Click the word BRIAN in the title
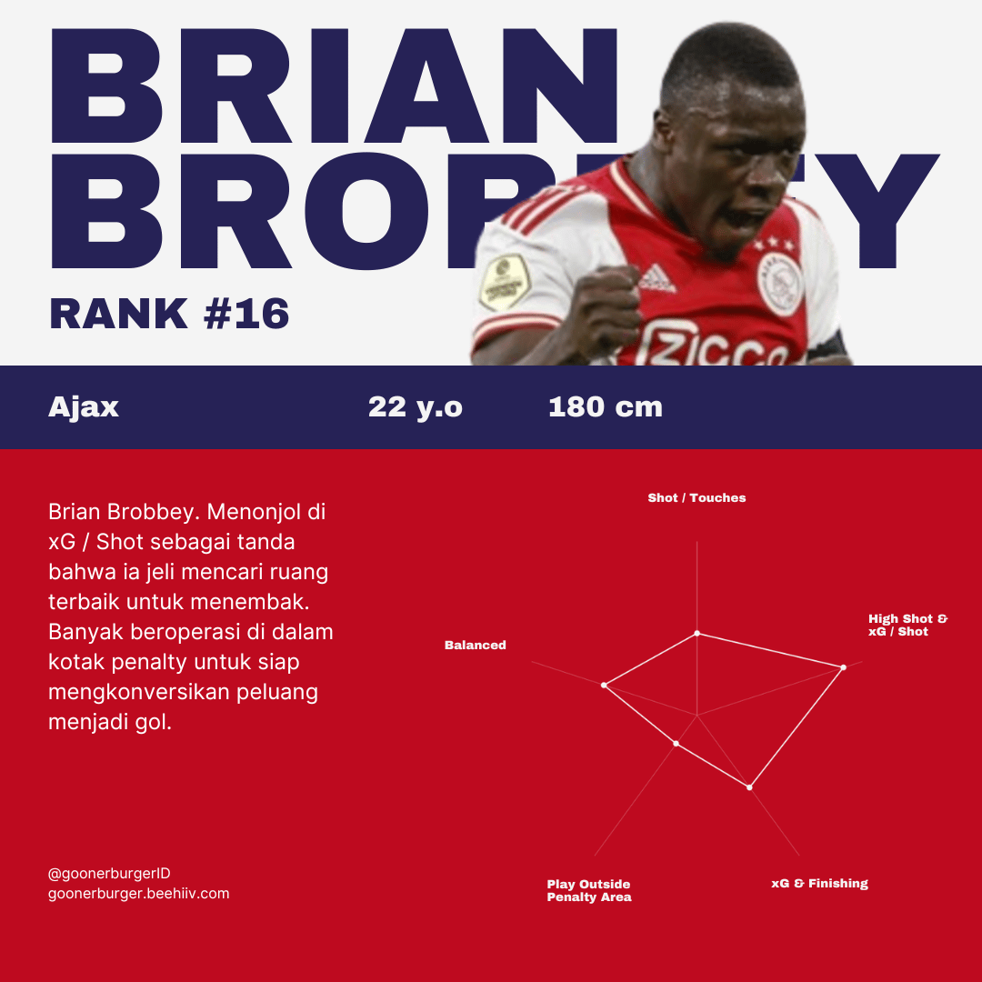pyautogui.click(x=334, y=85)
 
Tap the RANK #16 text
pyautogui.click(x=169, y=313)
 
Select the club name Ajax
pyautogui.click(x=84, y=407)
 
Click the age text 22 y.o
pyautogui.click(x=416, y=407)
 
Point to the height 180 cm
pyautogui.click(x=605, y=407)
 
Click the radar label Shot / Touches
pyautogui.click(x=697, y=498)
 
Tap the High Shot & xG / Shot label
pyautogui.click(x=908, y=625)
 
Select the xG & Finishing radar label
pyautogui.click(x=820, y=883)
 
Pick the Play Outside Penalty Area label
pyautogui.click(x=589, y=890)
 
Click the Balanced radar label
pyautogui.click(x=476, y=645)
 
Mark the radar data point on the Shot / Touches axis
pyautogui.click(x=697, y=633)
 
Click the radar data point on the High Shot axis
pyautogui.click(x=844, y=667)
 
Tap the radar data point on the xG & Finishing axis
pyautogui.click(x=749, y=787)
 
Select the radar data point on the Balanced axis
pyautogui.click(x=604, y=686)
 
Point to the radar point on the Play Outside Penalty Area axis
pyautogui.click(x=676, y=744)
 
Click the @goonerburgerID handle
pyautogui.click(x=109, y=874)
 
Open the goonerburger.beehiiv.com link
pyautogui.click(x=139, y=894)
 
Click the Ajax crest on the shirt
pyautogui.click(x=780, y=283)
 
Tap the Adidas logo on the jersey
pyautogui.click(x=656, y=279)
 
